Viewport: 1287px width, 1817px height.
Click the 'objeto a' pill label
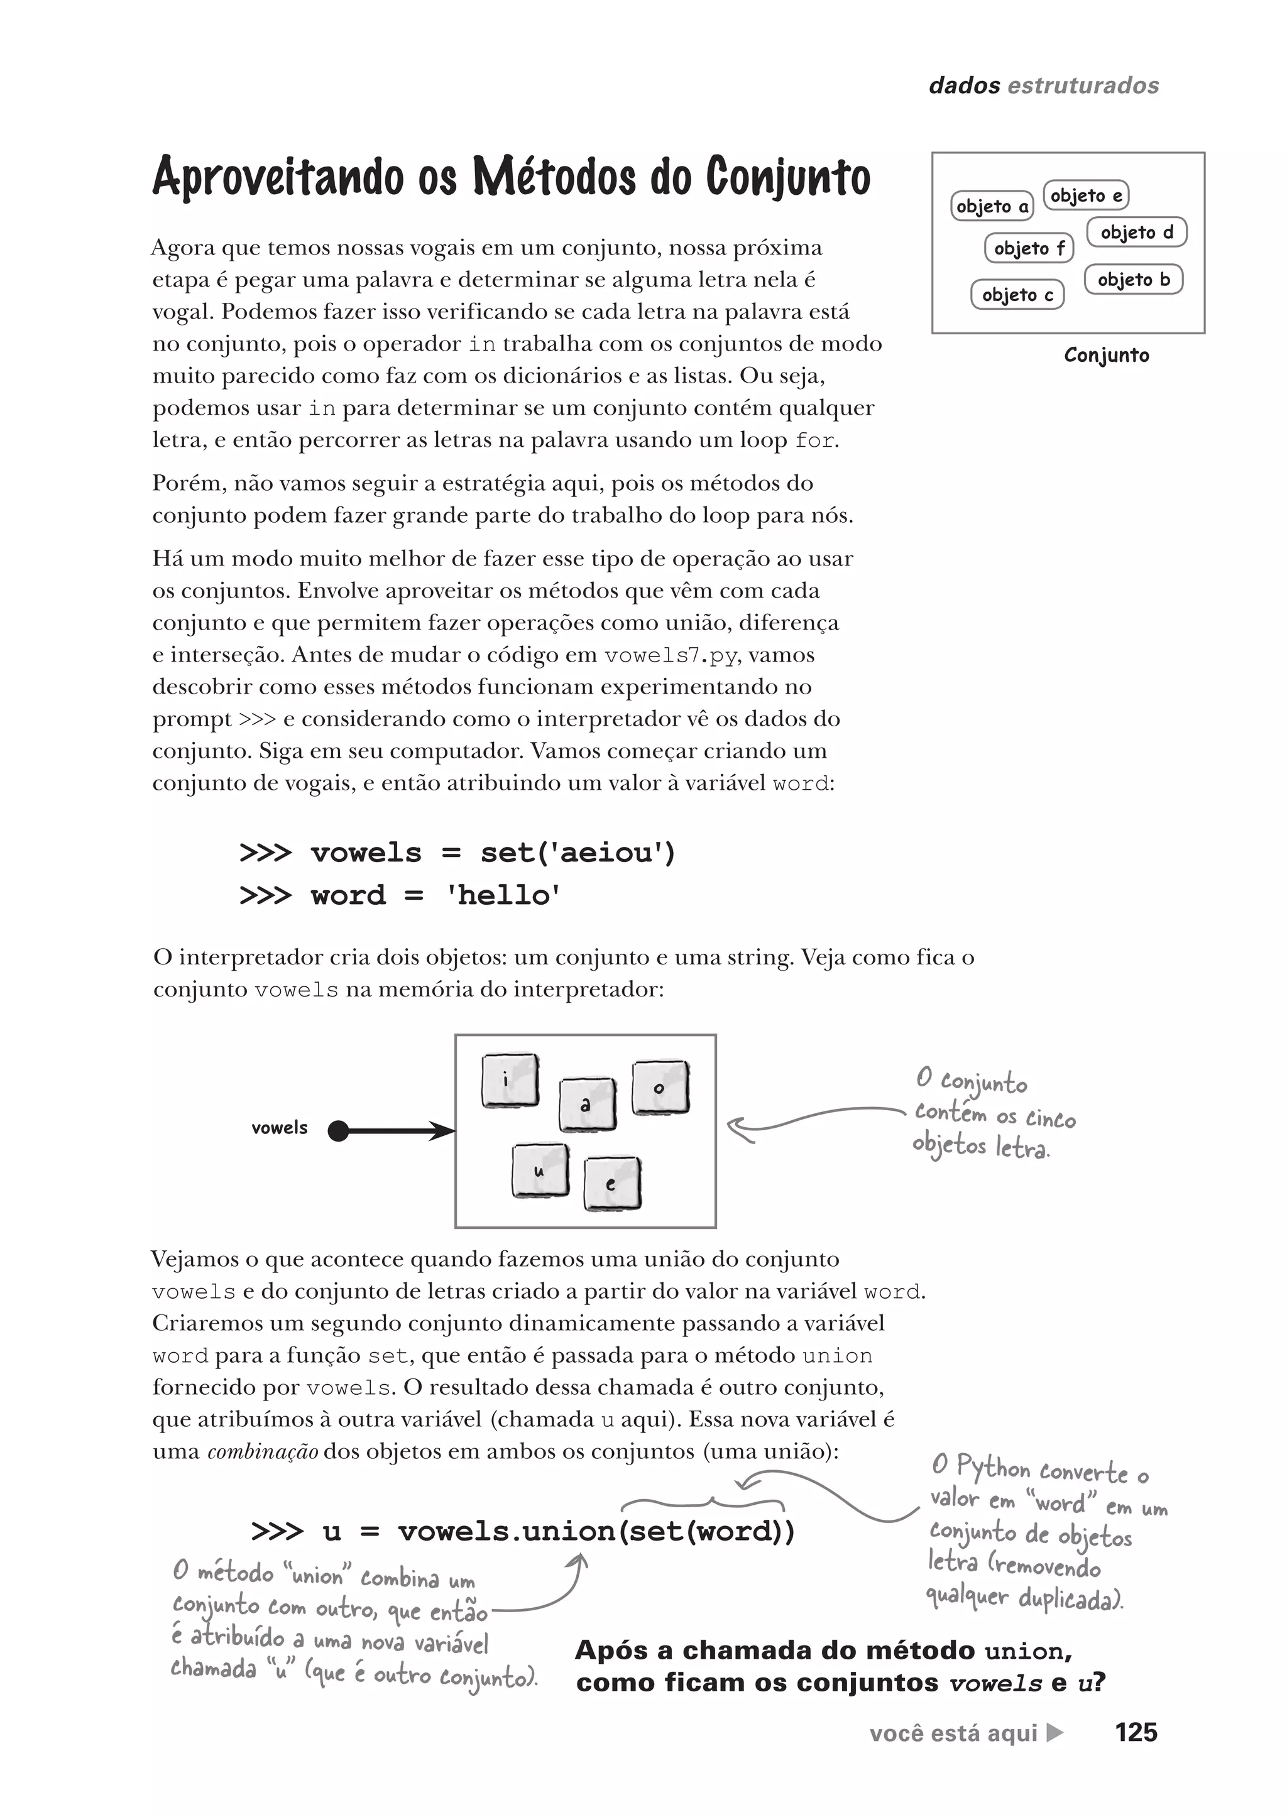(992, 206)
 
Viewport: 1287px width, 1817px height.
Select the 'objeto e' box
(1086, 195)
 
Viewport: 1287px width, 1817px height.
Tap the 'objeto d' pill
(1136, 232)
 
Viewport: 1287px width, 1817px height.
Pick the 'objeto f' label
(1029, 248)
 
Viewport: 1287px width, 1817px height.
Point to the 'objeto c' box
(1017, 295)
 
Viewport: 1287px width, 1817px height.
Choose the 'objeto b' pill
(1133, 280)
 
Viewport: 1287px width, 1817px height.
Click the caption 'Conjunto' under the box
(1106, 355)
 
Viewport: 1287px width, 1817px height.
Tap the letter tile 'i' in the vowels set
(510, 1080)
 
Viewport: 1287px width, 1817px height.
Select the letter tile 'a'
(586, 1104)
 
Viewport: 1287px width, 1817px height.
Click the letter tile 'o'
(659, 1088)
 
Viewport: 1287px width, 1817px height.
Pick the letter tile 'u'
(540, 1170)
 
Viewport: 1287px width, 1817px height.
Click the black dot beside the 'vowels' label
(338, 1131)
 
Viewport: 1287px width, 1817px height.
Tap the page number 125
(1136, 1733)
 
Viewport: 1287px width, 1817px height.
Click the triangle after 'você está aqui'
(1055, 1733)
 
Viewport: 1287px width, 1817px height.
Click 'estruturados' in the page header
(1083, 85)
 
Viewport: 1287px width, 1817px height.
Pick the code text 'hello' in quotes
(503, 895)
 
